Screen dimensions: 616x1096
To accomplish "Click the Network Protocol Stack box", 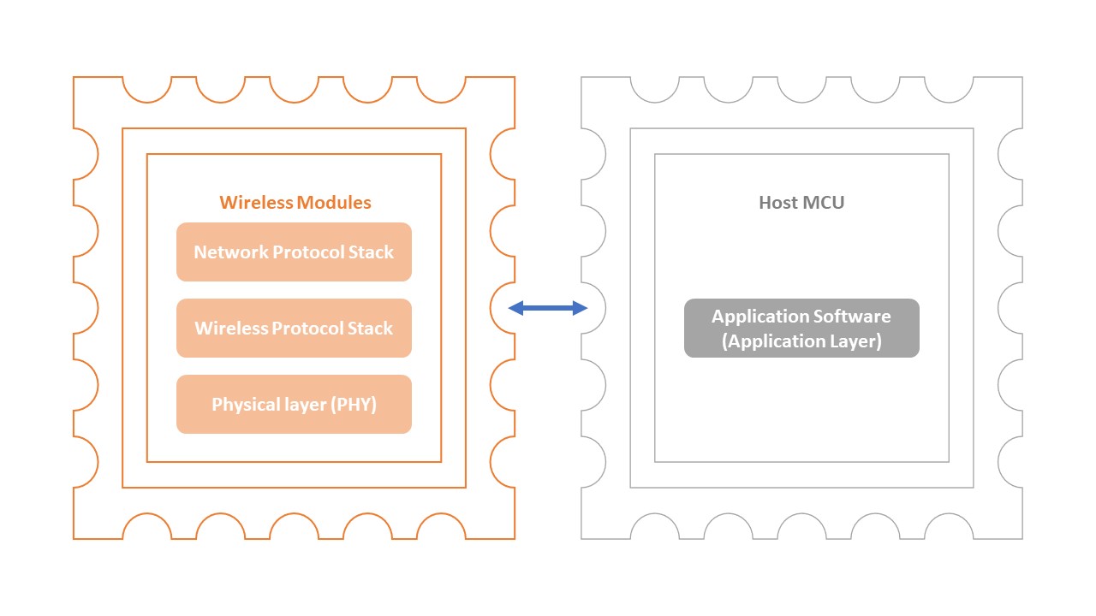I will [x=294, y=252].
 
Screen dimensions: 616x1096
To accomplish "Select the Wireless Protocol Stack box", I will [x=294, y=328].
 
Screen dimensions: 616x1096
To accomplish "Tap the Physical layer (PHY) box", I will [x=294, y=404].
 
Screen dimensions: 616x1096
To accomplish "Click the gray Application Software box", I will [x=801, y=328].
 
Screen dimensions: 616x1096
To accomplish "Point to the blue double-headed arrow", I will [x=548, y=308].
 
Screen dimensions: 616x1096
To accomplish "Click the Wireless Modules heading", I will [x=295, y=203].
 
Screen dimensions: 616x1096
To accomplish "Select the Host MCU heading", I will [x=801, y=203].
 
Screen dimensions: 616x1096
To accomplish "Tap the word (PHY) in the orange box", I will [x=356, y=405].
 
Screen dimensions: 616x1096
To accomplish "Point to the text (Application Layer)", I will [x=801, y=341].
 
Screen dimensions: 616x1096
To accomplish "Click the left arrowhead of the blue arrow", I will [x=515, y=308].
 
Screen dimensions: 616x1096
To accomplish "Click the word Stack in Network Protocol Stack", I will [x=372, y=252].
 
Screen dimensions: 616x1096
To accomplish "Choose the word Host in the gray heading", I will [x=778, y=203].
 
